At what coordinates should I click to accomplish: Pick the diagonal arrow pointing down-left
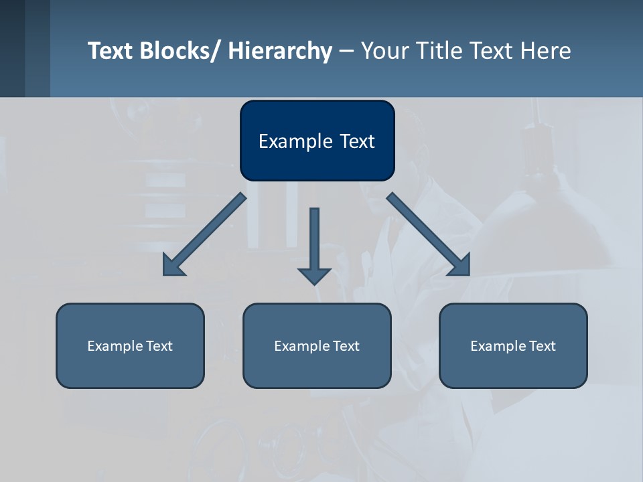point(204,234)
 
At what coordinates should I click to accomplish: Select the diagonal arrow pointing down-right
point(429,234)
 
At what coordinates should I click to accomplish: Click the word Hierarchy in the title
point(280,51)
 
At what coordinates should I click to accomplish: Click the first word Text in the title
point(111,51)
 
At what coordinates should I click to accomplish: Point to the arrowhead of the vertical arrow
point(314,275)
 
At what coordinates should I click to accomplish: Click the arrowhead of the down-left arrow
point(172,266)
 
